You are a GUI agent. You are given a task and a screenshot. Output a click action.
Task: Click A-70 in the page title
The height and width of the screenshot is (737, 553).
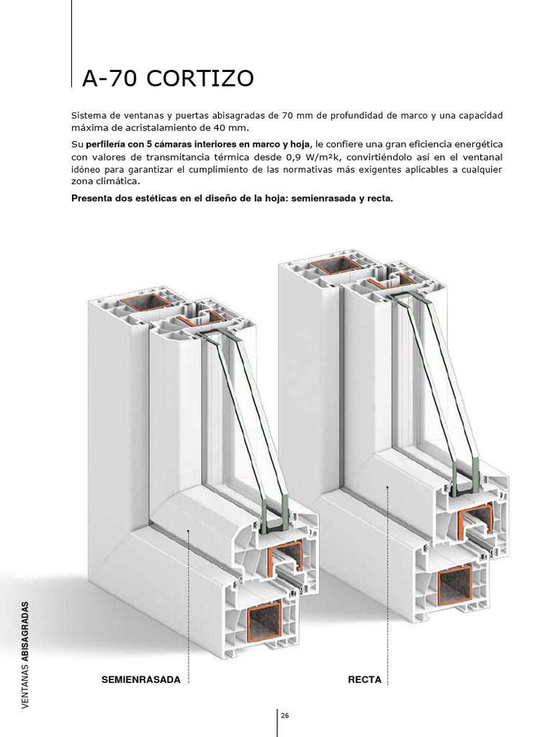point(111,78)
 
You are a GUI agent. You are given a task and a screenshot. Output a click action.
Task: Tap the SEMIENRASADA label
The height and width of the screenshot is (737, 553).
point(140,679)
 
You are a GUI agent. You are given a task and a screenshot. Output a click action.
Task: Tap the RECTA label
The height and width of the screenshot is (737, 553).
point(364,679)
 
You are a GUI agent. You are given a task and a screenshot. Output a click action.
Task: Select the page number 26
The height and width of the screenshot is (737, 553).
point(284,715)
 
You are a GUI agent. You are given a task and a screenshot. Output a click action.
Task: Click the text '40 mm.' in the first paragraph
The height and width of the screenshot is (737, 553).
point(230,127)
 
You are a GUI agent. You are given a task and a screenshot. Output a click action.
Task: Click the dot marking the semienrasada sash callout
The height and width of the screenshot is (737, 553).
point(189,531)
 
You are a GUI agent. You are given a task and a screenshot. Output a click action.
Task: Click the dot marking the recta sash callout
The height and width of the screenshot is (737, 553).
point(387,487)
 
